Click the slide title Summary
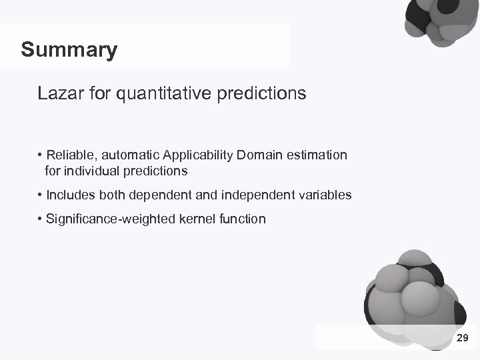click(69, 49)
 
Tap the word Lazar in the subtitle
click(58, 94)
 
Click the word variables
click(327, 195)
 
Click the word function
click(240, 219)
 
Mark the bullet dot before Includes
click(41, 195)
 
